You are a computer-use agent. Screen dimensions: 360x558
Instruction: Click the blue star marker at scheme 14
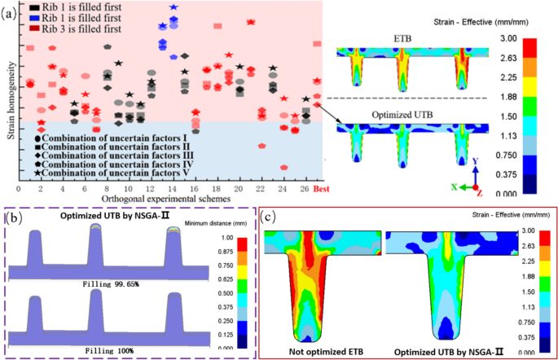click(173, 7)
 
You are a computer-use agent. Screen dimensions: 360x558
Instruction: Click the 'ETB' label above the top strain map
click(402, 38)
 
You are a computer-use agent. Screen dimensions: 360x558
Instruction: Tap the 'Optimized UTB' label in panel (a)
click(402, 115)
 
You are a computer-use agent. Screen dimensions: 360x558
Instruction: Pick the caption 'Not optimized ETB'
click(319, 352)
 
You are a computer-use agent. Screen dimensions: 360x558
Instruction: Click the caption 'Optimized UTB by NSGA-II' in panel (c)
click(446, 352)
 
